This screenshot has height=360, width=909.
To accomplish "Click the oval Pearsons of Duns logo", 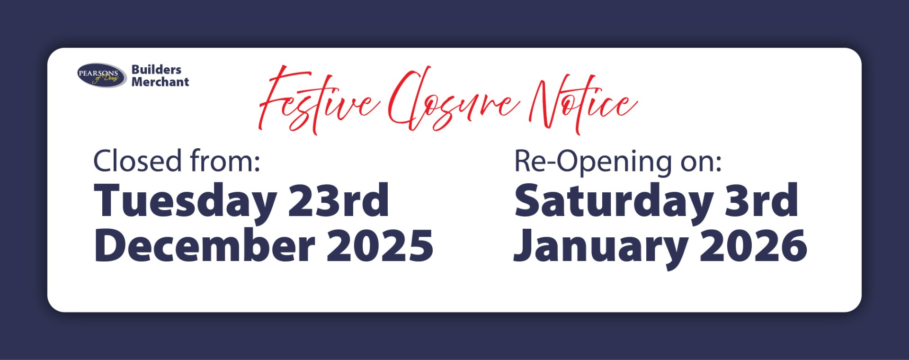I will click(x=101, y=75).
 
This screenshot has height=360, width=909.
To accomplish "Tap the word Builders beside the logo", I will click(x=156, y=70).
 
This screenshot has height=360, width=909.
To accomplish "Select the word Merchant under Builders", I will click(x=160, y=82).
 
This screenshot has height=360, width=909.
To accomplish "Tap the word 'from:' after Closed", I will click(x=225, y=161).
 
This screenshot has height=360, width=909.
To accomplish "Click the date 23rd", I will click(x=338, y=200).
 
